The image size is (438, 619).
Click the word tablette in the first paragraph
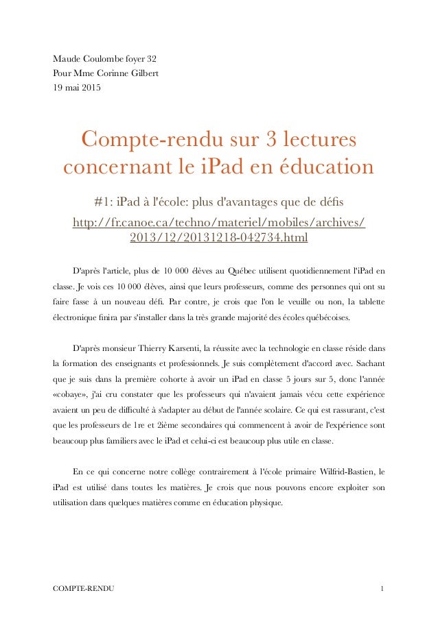coord(364,301)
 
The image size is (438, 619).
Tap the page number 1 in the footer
coord(382,589)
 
